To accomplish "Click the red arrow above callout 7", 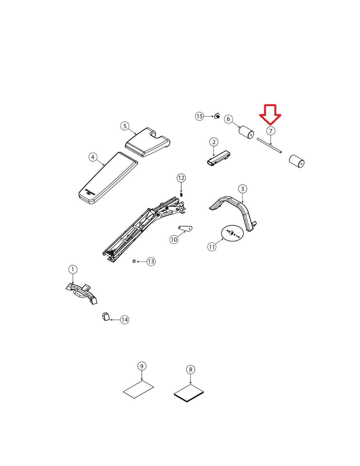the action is (270, 114).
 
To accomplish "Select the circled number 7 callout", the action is (271, 131).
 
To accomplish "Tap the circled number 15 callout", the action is (200, 116).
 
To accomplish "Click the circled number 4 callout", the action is (93, 157).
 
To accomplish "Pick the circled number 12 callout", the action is (181, 178).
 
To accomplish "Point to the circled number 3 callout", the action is (243, 189).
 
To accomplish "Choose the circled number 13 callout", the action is (151, 262).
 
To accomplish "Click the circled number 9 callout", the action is (142, 366).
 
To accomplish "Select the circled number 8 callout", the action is (190, 370).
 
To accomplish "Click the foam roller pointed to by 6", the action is (247, 132).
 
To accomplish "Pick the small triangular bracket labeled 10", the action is (186, 229).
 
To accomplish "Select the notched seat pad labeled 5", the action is (148, 142).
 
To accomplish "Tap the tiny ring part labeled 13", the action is (134, 261).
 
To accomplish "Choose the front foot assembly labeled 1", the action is (81, 293).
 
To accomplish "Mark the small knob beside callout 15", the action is (217, 116).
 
